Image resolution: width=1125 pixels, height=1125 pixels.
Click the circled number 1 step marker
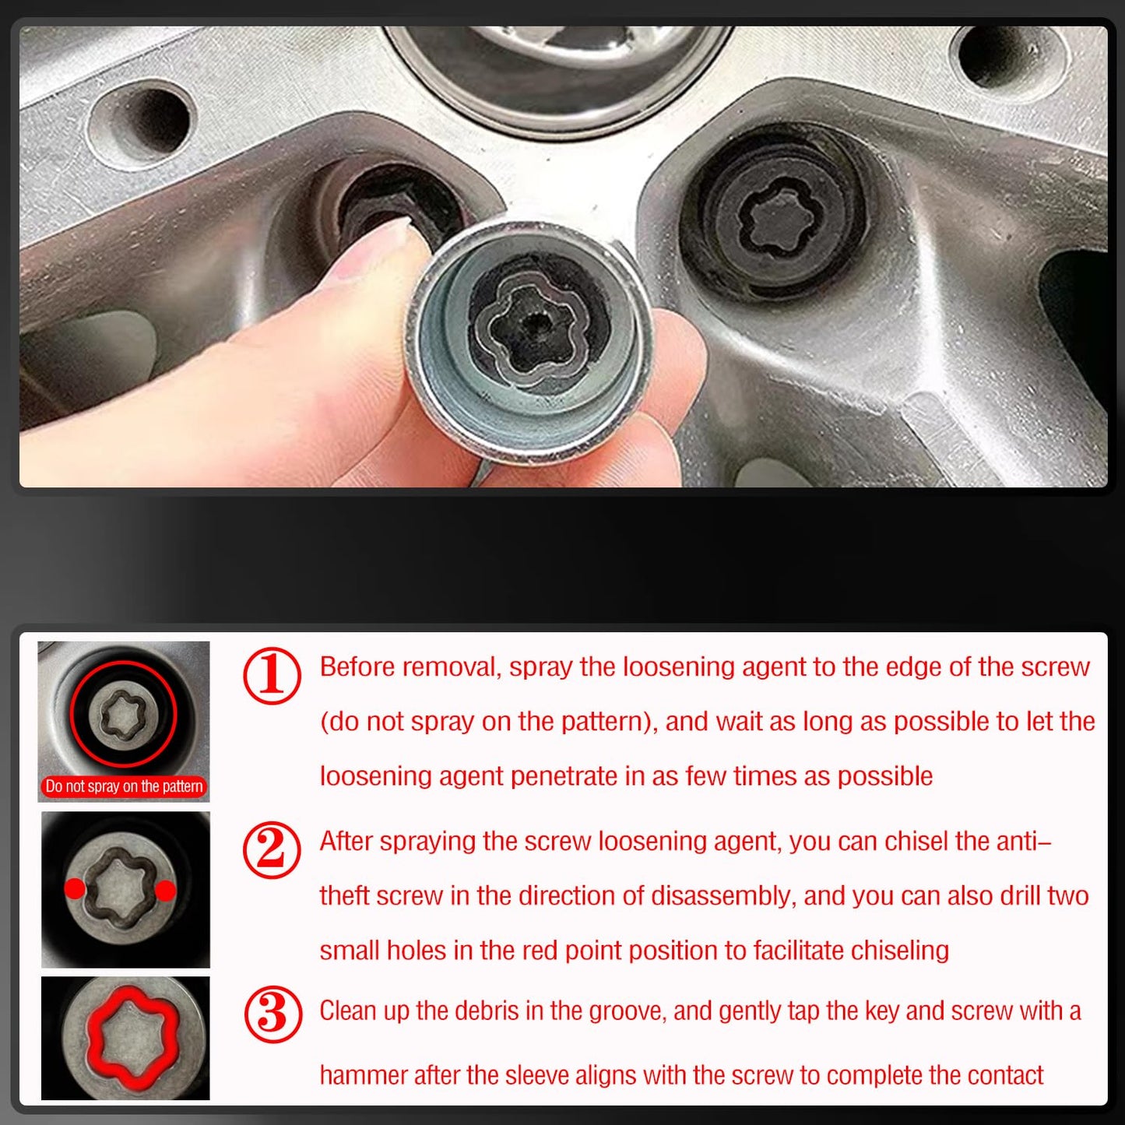272,676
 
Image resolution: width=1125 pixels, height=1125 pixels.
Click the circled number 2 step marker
272,850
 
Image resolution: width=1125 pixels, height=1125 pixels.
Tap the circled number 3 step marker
272,1015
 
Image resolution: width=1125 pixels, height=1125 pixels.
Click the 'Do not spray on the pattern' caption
124,786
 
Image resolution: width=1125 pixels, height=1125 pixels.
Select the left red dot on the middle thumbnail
75,888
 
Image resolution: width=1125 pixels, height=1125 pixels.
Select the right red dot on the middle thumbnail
166,891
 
